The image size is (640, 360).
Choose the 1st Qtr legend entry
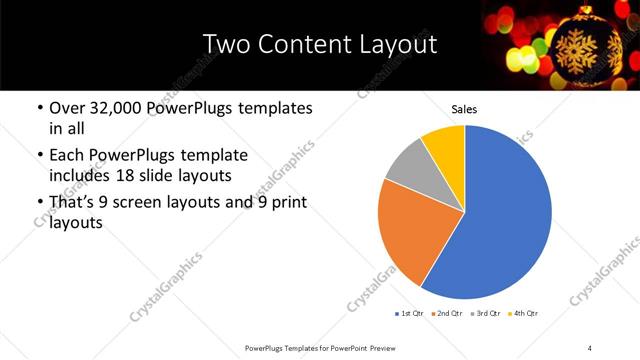point(410,314)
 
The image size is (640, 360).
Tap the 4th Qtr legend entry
point(524,314)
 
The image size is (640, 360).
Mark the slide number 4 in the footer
point(589,347)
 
